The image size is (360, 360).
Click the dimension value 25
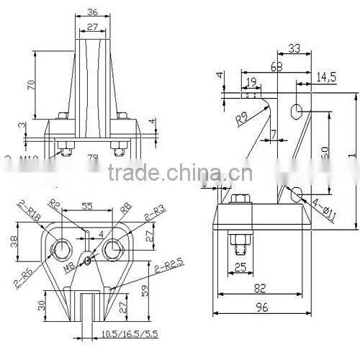tap(242, 269)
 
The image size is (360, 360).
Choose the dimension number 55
tap(87, 206)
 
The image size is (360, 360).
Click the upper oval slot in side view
tap(296, 110)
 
